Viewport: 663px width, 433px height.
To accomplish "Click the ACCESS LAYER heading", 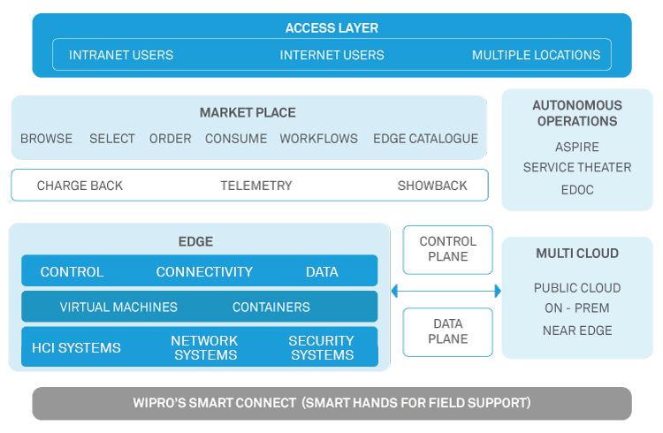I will point(331,28).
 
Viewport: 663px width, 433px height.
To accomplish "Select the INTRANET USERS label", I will point(121,55).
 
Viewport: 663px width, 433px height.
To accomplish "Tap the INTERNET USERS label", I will point(331,55).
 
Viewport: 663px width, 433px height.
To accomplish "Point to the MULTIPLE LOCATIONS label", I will point(536,55).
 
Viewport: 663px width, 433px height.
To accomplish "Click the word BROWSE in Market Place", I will point(46,139).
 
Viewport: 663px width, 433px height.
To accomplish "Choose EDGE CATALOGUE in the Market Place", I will point(425,139).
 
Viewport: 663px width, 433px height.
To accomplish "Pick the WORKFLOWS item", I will point(318,139).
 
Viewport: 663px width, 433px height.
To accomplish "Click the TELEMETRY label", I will point(255,186).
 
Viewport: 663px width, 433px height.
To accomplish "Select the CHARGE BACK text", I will point(80,186).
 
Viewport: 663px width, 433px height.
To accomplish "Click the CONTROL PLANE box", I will point(447,249).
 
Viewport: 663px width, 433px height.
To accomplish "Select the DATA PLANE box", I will point(447,332).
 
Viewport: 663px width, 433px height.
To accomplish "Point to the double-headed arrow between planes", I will point(446,291).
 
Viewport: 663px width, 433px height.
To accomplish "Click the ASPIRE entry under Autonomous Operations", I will point(576,147).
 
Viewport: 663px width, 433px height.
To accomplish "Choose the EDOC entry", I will point(576,189).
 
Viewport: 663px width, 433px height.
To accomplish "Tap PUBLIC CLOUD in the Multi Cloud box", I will point(576,288).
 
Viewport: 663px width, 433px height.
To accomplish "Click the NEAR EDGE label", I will point(576,330).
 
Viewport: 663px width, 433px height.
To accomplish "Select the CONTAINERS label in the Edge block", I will point(271,308).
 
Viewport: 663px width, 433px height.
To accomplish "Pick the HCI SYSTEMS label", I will point(76,348).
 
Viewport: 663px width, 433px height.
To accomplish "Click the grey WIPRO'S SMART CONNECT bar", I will point(331,403).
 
